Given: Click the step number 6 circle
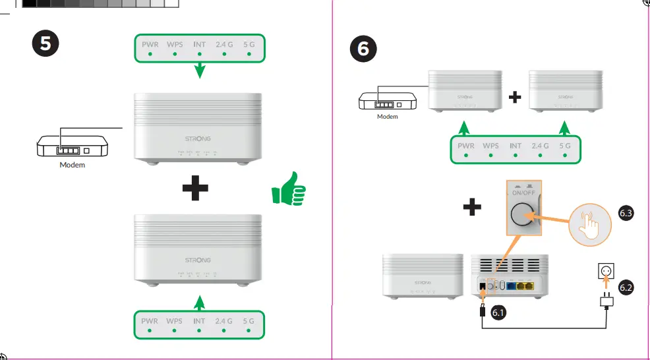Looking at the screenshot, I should (363, 49).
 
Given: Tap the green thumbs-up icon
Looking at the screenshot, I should (289, 191).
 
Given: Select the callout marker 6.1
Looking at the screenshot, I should (498, 313).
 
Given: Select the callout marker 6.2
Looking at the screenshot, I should (626, 287).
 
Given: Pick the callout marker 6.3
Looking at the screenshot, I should (626, 212).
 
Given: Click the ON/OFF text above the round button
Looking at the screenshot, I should (524, 193).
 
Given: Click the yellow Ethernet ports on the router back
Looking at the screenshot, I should (525, 287).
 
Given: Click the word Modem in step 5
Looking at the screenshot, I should (72, 165).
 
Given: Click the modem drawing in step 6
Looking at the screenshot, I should (387, 102).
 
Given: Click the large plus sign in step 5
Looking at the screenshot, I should (195, 189).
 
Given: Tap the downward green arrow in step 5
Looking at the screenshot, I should (200, 70).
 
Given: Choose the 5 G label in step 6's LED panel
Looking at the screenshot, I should (565, 146).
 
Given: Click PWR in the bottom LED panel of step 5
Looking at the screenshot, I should (150, 321).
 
